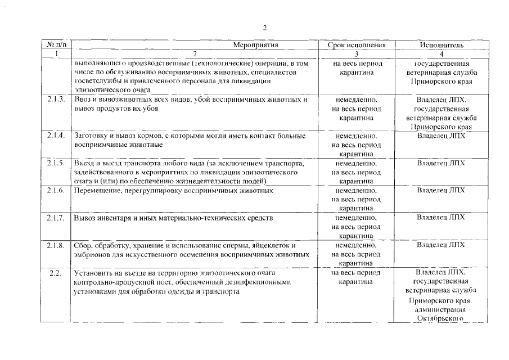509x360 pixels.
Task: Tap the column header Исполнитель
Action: coord(441,44)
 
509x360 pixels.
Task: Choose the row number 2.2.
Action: coord(55,273)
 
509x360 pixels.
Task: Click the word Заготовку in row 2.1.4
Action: coord(92,136)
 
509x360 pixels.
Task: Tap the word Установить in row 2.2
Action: coord(93,273)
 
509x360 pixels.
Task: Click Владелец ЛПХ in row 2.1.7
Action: coord(441,218)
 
